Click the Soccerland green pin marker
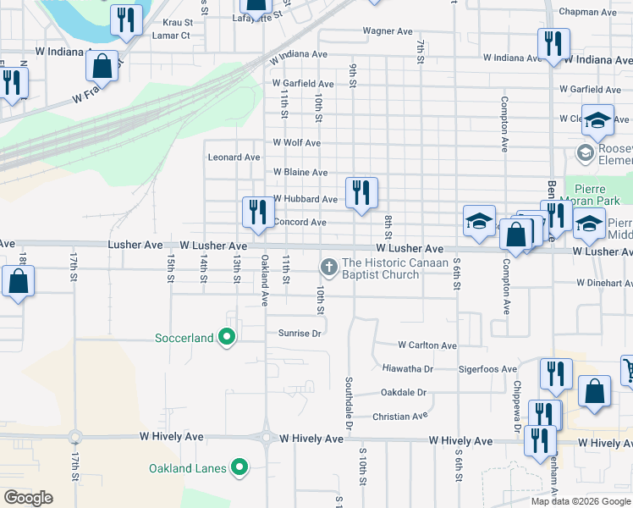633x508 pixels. click(x=226, y=338)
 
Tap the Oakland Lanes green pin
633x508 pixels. click(x=239, y=467)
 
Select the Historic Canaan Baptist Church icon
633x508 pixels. click(x=328, y=268)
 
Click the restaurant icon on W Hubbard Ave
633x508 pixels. click(x=361, y=193)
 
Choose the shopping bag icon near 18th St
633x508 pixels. click(x=18, y=282)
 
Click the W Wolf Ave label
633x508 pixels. click(x=296, y=143)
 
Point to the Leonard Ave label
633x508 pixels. click(x=234, y=157)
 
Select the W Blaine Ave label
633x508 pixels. click(x=300, y=172)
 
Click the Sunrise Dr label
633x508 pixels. click(x=300, y=334)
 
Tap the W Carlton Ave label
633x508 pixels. click(x=427, y=345)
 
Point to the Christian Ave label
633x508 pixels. click(x=400, y=417)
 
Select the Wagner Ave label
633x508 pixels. click(x=388, y=31)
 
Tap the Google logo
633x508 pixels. click(x=28, y=498)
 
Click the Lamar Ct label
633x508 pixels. click(x=171, y=36)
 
